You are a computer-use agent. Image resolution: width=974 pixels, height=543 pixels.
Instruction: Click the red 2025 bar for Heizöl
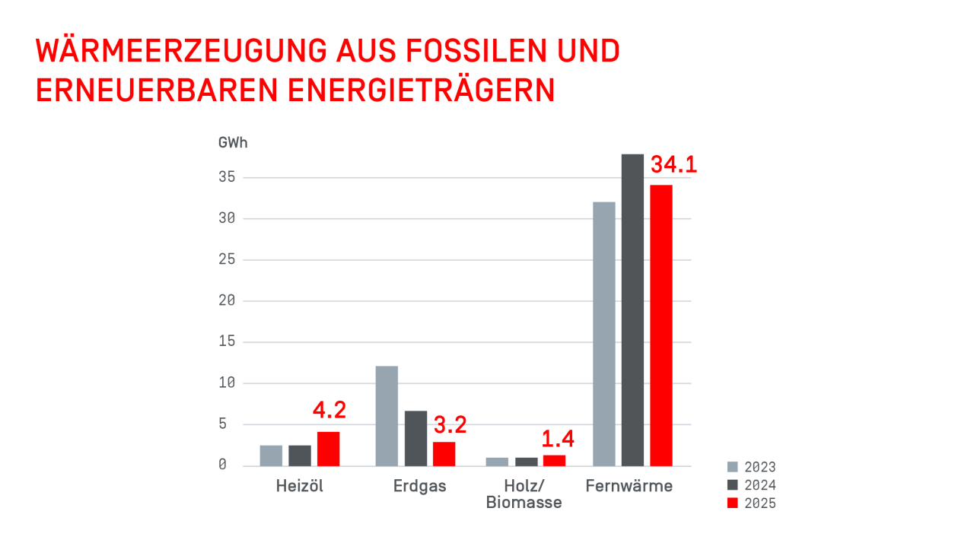click(328, 449)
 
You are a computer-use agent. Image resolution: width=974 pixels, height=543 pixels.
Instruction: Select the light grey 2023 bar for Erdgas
click(387, 416)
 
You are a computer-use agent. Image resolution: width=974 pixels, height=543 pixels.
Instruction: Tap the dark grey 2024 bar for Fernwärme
click(632, 310)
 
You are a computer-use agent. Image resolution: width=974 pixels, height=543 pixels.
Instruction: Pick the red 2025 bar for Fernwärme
click(660, 325)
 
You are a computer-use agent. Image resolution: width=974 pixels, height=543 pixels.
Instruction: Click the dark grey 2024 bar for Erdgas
click(415, 438)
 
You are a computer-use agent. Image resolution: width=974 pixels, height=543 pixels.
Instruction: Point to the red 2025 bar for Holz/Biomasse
click(554, 460)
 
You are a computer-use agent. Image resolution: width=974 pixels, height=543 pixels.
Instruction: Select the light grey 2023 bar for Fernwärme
click(603, 334)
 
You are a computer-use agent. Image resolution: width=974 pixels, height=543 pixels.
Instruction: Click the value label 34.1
click(673, 165)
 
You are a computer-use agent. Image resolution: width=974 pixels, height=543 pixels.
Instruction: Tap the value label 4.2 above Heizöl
click(329, 410)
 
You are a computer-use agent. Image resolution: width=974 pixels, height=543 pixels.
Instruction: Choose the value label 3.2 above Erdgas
click(450, 425)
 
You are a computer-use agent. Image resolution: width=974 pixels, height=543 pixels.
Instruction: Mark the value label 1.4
click(557, 439)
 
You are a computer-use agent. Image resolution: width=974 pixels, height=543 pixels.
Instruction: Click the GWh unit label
click(233, 142)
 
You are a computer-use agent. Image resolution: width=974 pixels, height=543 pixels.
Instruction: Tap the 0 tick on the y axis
click(222, 465)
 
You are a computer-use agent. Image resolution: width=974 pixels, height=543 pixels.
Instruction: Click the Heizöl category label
click(299, 486)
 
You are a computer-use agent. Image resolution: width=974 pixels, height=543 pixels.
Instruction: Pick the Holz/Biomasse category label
click(524, 494)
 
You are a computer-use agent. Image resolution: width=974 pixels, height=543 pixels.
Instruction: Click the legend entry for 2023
click(752, 467)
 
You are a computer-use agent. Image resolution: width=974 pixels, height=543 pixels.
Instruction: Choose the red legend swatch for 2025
click(733, 503)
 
